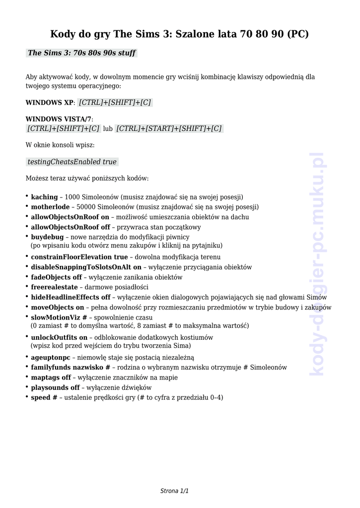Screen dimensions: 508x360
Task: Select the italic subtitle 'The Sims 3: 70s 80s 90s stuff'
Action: click(x=81, y=53)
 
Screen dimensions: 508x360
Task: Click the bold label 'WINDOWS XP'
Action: click(x=49, y=103)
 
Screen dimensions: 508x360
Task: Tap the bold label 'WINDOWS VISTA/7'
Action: click(x=58, y=119)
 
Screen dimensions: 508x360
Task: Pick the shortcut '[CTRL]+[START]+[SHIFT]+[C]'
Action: click(x=169, y=128)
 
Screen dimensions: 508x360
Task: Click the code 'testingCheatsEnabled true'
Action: click(x=72, y=162)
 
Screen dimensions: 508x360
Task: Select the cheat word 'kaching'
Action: click(x=44, y=197)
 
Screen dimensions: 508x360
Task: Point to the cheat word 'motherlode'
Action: click(x=50, y=207)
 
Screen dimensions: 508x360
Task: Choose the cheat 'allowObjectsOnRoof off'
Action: click(x=71, y=227)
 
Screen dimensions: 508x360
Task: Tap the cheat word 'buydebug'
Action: click(x=47, y=237)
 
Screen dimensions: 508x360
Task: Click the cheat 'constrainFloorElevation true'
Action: click(x=79, y=257)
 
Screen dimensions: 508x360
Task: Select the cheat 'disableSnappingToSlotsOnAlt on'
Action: click(x=86, y=267)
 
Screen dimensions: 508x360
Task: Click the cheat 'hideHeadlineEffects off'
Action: click(x=71, y=297)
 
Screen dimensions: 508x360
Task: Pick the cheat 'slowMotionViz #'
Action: click(x=59, y=317)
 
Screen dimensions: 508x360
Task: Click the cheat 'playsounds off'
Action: click(x=55, y=387)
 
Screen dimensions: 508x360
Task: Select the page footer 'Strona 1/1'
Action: click(x=174, y=491)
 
